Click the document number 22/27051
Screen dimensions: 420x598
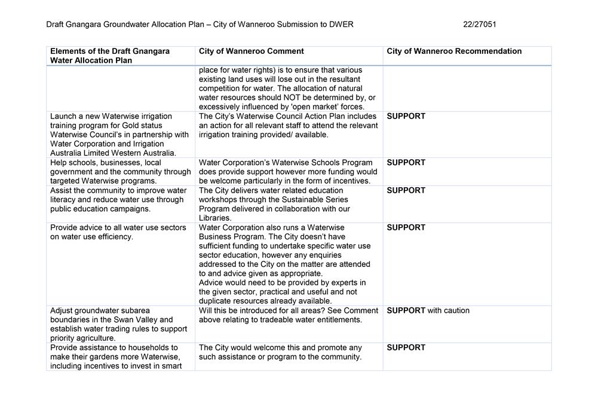point(479,25)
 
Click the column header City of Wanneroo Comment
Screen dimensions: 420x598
point(251,51)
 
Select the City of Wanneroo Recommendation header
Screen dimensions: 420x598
point(454,51)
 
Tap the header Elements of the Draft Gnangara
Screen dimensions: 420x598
point(110,51)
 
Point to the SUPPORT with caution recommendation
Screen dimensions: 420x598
point(428,311)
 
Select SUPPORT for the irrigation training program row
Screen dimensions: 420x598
point(406,116)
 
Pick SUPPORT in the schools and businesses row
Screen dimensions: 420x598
point(406,163)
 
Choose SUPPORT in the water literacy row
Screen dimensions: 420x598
point(406,190)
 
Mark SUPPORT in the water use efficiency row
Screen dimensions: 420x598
point(406,227)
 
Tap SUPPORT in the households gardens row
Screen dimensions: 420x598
point(406,348)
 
